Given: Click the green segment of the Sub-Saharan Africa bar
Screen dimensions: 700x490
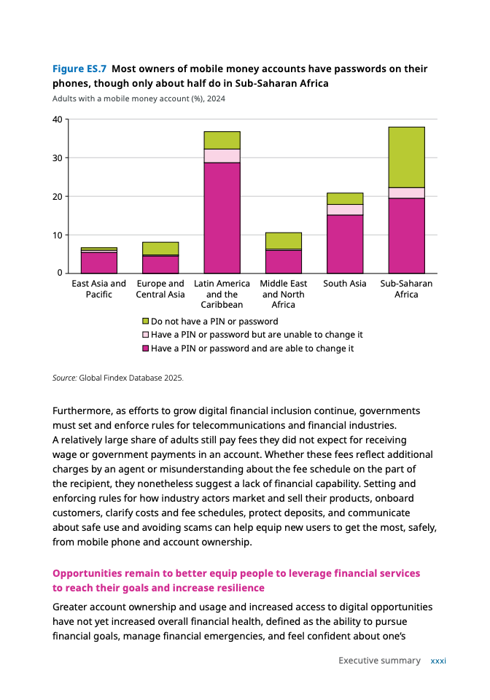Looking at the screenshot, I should (x=406, y=157).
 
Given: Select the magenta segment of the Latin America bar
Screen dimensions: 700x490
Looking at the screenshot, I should (x=222, y=217).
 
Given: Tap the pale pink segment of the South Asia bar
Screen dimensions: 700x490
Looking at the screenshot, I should (x=345, y=209).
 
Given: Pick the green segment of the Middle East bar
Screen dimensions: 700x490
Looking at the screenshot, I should (x=284, y=241).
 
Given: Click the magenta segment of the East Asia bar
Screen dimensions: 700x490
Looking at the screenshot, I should (x=99, y=262).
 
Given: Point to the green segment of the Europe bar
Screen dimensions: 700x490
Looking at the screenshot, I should (x=160, y=248).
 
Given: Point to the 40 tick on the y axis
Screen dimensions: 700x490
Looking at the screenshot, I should (x=58, y=120).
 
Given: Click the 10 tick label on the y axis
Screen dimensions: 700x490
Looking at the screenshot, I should (x=58, y=235).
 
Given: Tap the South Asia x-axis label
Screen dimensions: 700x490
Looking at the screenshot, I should (x=345, y=284).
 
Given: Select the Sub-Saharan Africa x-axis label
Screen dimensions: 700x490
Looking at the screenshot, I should (x=406, y=289).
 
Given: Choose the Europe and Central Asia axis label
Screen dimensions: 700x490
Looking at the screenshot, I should (x=160, y=289).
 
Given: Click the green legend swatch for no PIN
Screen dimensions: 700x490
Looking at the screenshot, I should (x=145, y=322).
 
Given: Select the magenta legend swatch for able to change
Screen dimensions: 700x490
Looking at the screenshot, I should (x=145, y=349).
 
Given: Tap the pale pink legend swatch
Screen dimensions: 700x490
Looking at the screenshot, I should (x=145, y=335).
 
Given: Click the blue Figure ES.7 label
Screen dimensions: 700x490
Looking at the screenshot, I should (x=79, y=69).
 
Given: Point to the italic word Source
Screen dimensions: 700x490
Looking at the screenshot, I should (x=64, y=378).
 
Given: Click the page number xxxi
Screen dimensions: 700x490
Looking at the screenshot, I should (x=438, y=661).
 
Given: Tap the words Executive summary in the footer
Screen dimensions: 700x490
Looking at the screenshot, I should (x=379, y=661).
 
